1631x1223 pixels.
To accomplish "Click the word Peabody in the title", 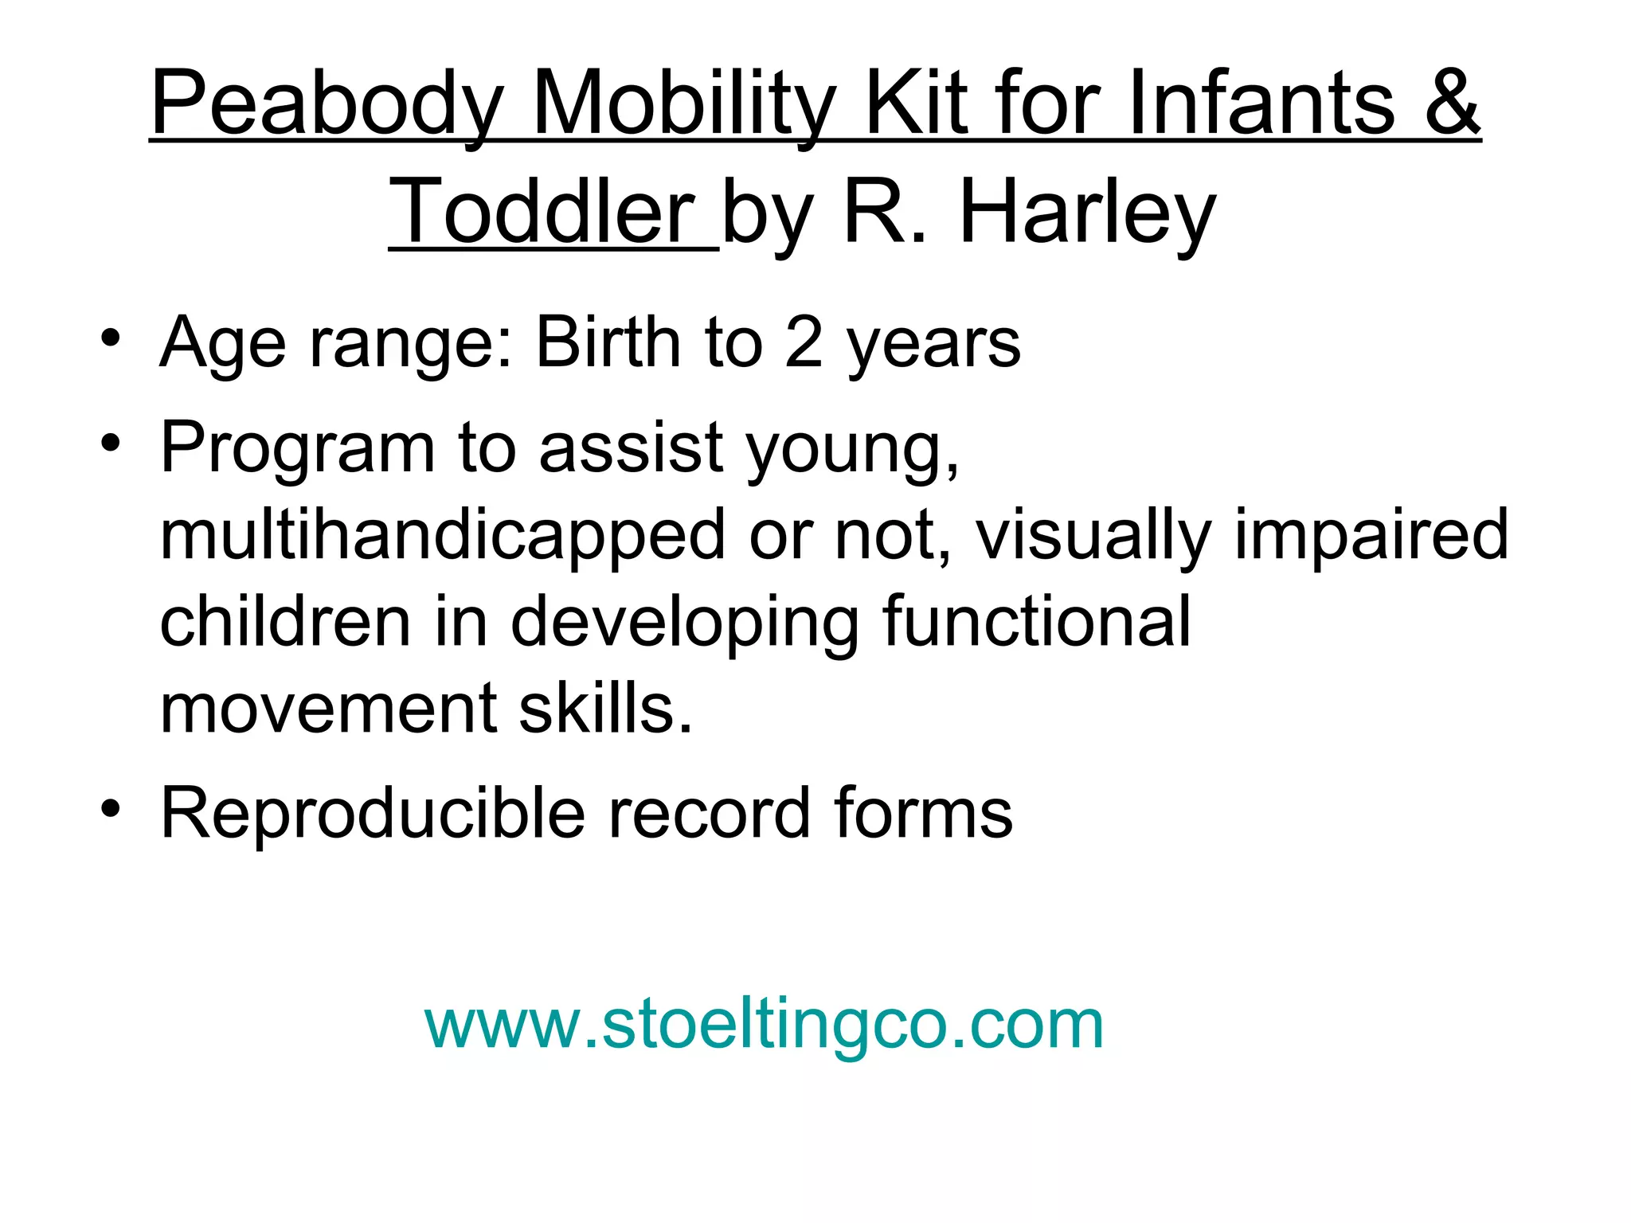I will tap(327, 104).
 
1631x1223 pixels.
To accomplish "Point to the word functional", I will tap(1036, 621).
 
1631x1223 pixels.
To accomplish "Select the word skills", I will tap(605, 708).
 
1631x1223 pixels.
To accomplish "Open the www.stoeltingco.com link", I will tap(764, 1025).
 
